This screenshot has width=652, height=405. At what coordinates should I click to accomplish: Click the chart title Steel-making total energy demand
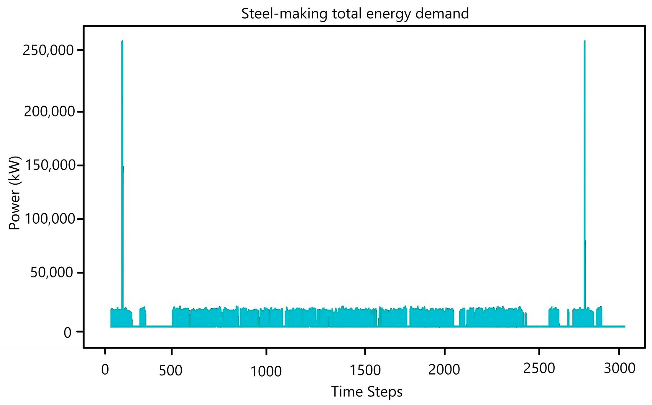[355, 14]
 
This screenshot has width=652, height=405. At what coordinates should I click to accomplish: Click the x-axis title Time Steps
[367, 392]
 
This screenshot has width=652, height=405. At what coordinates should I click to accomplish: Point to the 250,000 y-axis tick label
[48, 51]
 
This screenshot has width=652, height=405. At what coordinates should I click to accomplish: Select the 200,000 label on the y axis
[49, 112]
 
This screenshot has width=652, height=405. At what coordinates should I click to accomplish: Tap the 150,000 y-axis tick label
[50, 165]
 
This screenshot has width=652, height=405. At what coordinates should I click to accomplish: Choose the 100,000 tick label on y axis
[50, 219]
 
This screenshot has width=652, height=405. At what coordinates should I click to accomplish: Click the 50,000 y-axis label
[52, 272]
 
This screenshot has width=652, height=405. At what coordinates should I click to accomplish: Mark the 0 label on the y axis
[67, 333]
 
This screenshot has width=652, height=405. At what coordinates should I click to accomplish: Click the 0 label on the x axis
[105, 370]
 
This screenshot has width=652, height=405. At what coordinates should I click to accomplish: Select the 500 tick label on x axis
[170, 371]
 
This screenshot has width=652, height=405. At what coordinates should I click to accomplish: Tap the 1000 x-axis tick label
[266, 371]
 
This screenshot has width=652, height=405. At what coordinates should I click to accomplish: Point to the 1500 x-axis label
[365, 370]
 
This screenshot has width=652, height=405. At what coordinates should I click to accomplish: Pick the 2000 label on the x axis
[444, 370]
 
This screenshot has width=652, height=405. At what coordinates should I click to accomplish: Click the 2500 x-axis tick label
[539, 368]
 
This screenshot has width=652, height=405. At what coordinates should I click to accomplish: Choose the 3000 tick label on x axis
[619, 368]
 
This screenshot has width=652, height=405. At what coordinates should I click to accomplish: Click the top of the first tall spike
[122, 41]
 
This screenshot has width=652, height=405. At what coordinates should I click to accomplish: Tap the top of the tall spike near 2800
[584, 41]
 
